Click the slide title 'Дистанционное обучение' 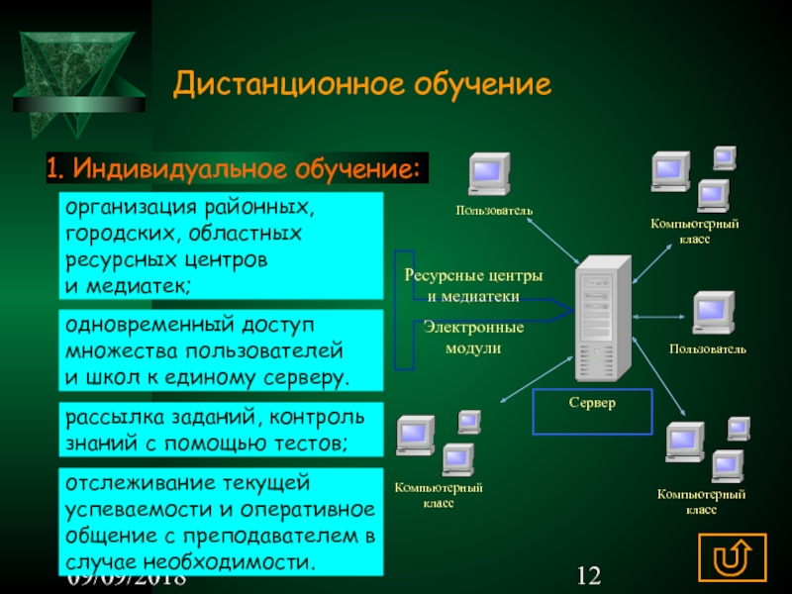(361, 85)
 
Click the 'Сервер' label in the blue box (592, 404)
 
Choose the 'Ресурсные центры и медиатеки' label (473, 285)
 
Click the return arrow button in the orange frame (733, 556)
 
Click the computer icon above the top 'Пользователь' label (488, 176)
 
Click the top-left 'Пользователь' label (495, 210)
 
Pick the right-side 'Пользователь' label (707, 349)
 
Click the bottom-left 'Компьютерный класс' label (439, 496)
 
